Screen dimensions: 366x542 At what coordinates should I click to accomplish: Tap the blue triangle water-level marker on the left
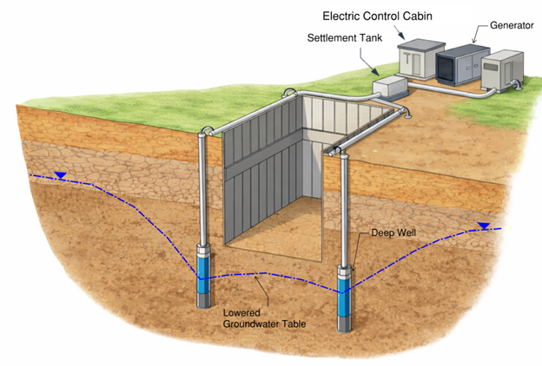pyautogui.click(x=59, y=175)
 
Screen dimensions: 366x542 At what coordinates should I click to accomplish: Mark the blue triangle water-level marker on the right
pyautogui.click(x=483, y=227)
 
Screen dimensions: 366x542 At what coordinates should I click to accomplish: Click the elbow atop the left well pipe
pyautogui.click(x=204, y=133)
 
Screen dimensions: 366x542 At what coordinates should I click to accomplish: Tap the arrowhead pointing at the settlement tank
pyautogui.click(x=375, y=71)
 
